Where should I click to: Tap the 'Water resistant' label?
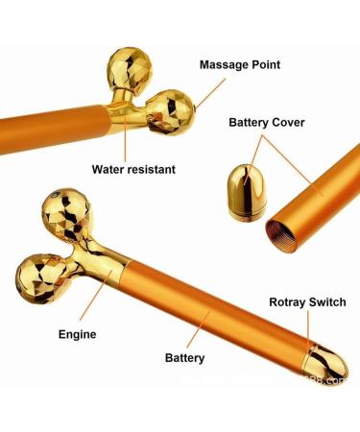pos(133,169)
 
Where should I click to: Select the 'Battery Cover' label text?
pos(274,122)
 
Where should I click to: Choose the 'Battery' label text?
pos(184,358)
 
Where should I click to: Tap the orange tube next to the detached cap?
pos(317,197)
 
